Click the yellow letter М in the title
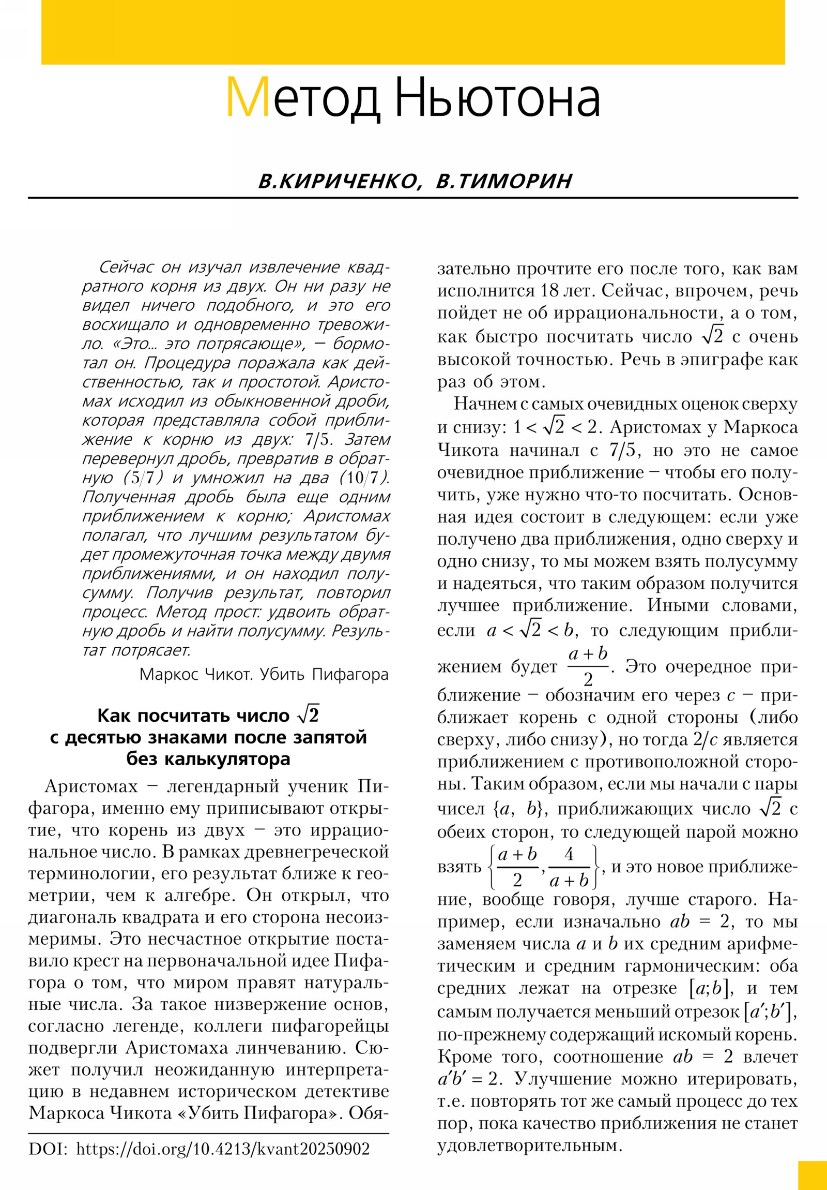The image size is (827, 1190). pyautogui.click(x=248, y=97)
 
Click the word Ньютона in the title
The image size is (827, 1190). pyautogui.click(x=497, y=97)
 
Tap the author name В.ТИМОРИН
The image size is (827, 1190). pyautogui.click(x=504, y=181)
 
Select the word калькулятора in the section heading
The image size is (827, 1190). pyautogui.click(x=208, y=759)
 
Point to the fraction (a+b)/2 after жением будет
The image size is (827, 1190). pyautogui.click(x=588, y=666)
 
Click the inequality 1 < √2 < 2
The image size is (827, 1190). pyautogui.click(x=555, y=427)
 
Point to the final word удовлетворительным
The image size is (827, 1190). pyautogui.click(x=529, y=1145)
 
